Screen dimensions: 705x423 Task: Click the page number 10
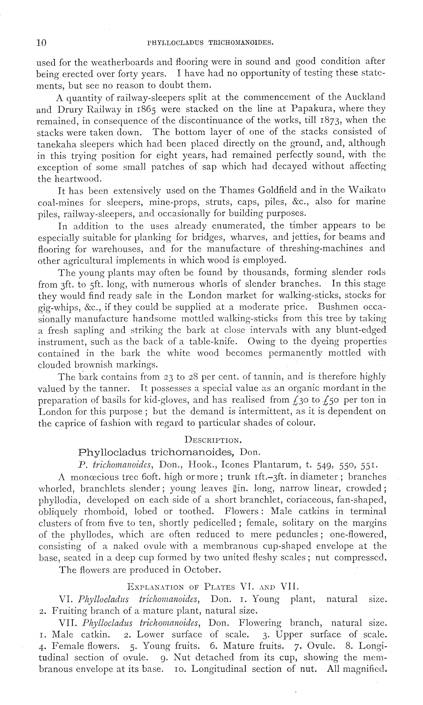coord(42,43)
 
